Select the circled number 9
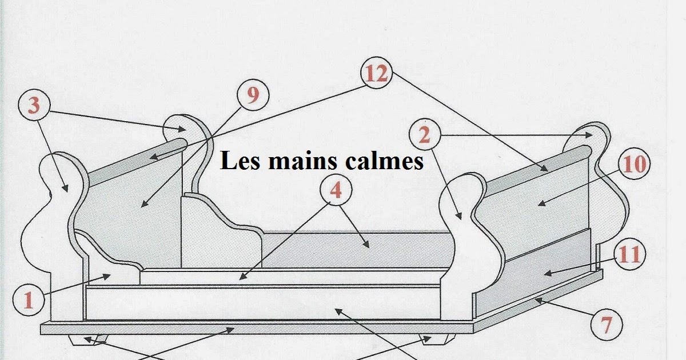[x=252, y=95]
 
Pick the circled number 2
[x=424, y=136]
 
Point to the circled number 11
[x=629, y=254]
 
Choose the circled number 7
[x=607, y=326]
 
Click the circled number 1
[x=28, y=299]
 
